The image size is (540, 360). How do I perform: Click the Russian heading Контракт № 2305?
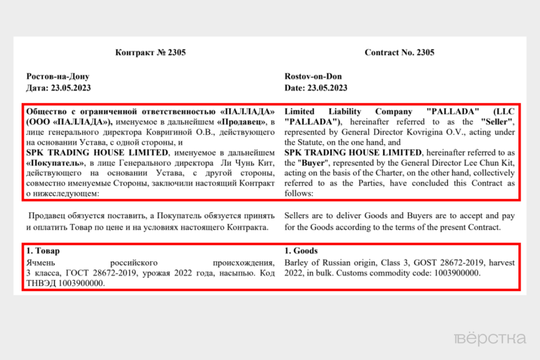coord(150,53)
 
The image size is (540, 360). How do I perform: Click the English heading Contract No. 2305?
coord(399,53)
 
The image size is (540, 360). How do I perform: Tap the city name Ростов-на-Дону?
coord(57,77)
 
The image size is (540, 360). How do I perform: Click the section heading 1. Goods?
coord(301,251)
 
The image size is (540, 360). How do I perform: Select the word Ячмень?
coord(42,262)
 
